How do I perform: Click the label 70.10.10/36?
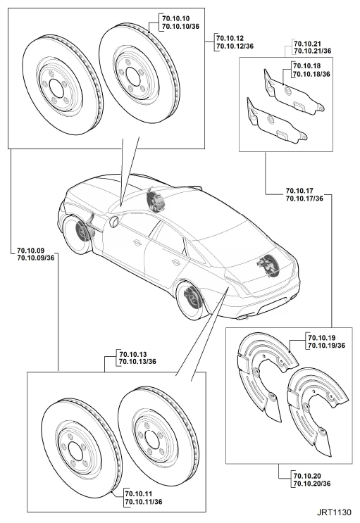coord(180,26)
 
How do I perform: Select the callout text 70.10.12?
coord(230,38)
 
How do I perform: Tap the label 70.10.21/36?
coord(313,51)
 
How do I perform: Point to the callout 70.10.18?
coord(307,66)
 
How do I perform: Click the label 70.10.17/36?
coord(304,198)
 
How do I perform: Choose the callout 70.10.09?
coord(31,250)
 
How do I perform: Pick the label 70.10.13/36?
coord(138,362)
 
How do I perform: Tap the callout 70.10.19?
coord(322,338)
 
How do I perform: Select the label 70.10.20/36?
coord(312,484)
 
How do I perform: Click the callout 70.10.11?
coord(139,493)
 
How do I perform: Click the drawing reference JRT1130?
coord(334,512)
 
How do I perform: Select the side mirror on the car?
coord(114,222)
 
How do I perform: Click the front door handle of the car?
coord(136,242)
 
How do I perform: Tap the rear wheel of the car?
coord(190,300)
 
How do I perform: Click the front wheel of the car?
coord(77,233)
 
